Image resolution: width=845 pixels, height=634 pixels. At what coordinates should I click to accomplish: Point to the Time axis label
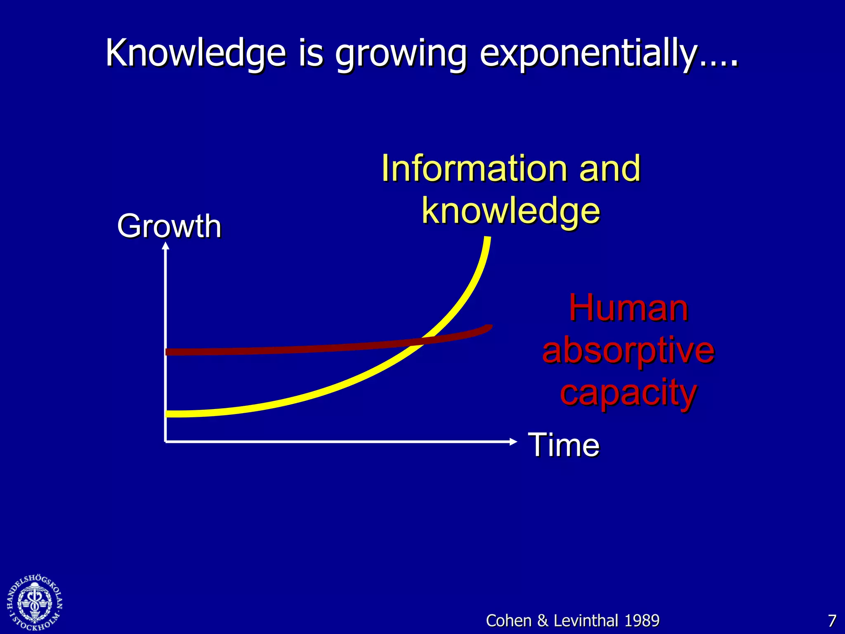coord(563,445)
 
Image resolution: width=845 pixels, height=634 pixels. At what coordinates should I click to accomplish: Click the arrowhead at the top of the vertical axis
coord(165,246)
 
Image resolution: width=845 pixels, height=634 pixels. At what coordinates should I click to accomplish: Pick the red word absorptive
coord(628,351)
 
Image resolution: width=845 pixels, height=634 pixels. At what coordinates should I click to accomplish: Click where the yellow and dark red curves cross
coord(422,341)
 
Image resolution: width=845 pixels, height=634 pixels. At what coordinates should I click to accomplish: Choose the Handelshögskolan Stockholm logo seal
coord(35,603)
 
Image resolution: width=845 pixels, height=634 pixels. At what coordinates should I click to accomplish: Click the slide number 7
coord(832,621)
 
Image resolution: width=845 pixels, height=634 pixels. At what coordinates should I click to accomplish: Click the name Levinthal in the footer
coord(586,621)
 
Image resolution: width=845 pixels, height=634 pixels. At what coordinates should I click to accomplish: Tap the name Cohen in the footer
coord(508,621)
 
